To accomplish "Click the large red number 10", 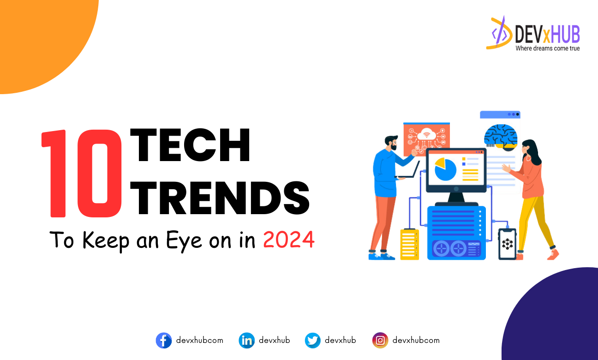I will click(x=82, y=173).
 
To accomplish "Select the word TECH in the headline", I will click(x=190, y=145).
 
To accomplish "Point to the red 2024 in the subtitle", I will click(x=289, y=240).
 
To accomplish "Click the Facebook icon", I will click(x=164, y=341).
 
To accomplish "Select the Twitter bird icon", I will click(x=313, y=341).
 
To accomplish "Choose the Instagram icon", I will click(x=380, y=341).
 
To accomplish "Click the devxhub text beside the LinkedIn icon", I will click(x=274, y=341).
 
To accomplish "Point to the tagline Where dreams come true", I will click(x=547, y=48).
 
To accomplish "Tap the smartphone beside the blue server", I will click(x=507, y=244).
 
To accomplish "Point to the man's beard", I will click(x=393, y=147).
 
